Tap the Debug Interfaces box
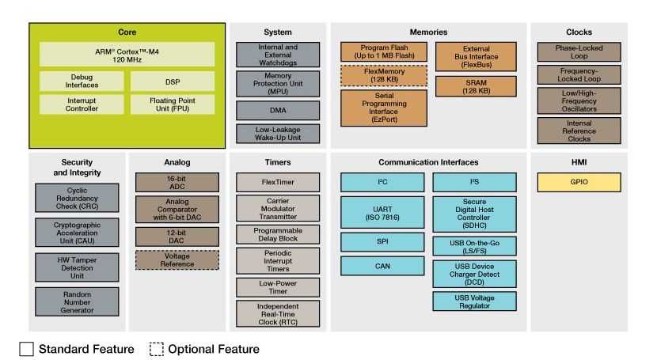click(x=82, y=81)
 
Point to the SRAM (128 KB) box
click(x=476, y=86)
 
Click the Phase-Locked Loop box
click(x=568, y=51)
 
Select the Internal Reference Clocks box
click(x=568, y=130)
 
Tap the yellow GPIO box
click(x=568, y=182)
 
